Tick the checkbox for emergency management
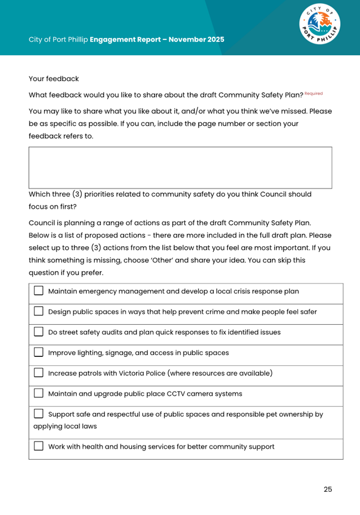tap(38, 291)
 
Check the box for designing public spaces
tap(38, 312)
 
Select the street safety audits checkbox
tap(38, 332)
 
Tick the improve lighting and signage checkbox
tap(38, 352)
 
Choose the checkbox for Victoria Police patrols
tap(38, 373)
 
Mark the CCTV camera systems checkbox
tap(38, 393)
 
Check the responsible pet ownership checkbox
tap(38, 414)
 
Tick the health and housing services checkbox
tap(38, 446)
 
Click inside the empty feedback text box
tap(180, 167)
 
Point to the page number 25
tap(328, 489)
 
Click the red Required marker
tap(314, 93)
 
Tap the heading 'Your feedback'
tap(54, 78)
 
